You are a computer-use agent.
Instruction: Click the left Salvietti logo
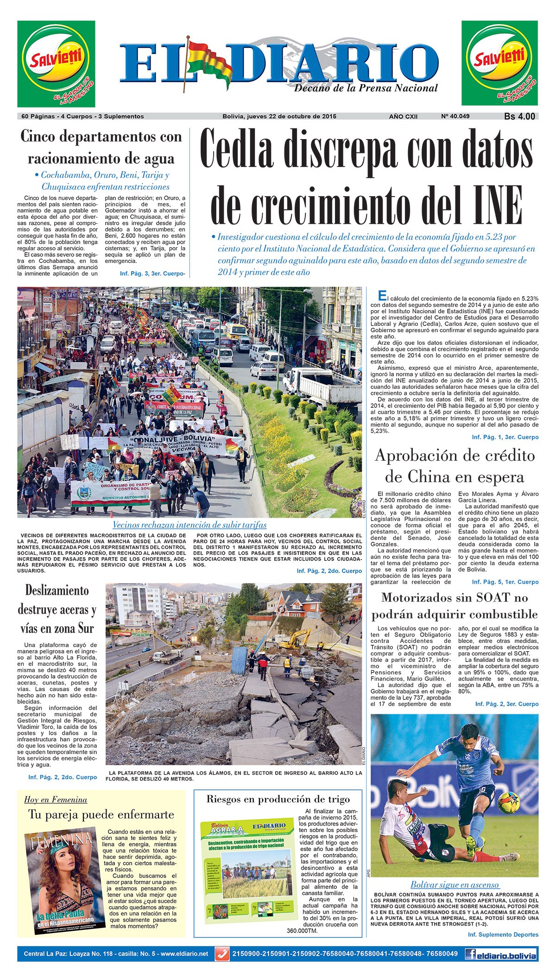pyautogui.click(x=56, y=64)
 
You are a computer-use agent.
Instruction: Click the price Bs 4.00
pyautogui.click(x=519, y=117)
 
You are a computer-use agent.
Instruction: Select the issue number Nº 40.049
pyautogui.click(x=455, y=116)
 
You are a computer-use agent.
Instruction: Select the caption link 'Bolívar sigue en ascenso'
pyautogui.click(x=454, y=884)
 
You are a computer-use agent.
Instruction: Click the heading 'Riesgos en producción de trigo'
pyautogui.click(x=278, y=799)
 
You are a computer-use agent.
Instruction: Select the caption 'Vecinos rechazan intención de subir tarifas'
pyautogui.click(x=190, y=525)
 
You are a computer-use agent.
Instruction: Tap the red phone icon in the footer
pyautogui.click(x=222, y=954)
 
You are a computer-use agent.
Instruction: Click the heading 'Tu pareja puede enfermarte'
pyautogui.click(x=101, y=814)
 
